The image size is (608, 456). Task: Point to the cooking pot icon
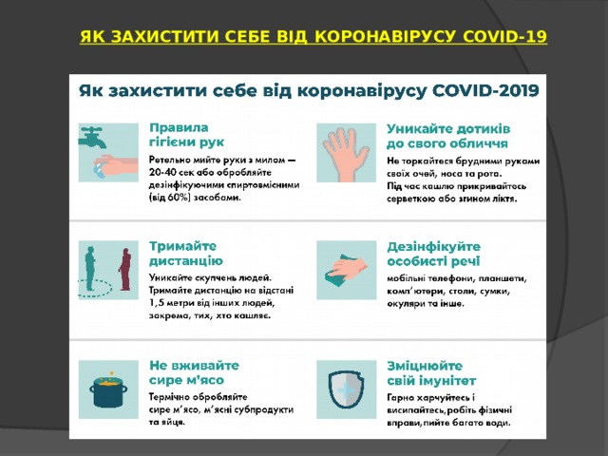point(108,389)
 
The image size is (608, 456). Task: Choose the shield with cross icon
point(344,389)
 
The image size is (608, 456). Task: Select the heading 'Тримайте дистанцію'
point(186,252)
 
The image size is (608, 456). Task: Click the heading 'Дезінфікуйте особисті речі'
point(433,252)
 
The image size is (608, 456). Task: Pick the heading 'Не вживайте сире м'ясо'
point(194,371)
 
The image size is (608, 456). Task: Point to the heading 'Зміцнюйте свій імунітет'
point(432,371)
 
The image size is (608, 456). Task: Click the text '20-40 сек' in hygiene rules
point(175,173)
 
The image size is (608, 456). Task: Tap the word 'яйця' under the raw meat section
point(171,423)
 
